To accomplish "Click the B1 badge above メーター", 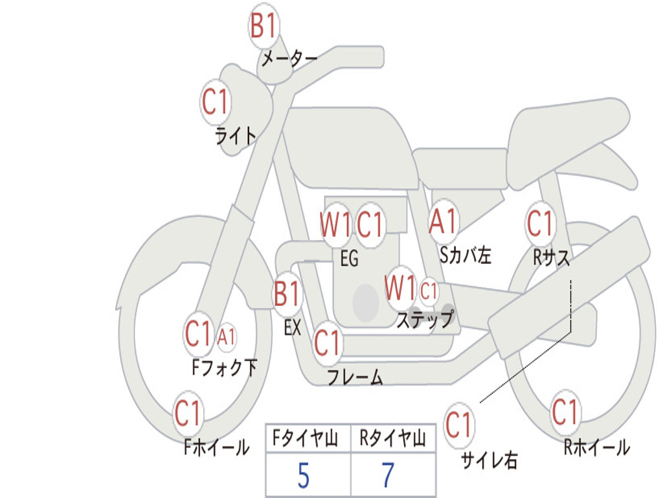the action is pyautogui.click(x=264, y=25).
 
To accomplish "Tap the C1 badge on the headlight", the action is pyautogui.click(x=216, y=102).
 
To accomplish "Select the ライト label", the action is pyautogui.click(x=236, y=136).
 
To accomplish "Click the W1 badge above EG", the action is pyautogui.click(x=336, y=224).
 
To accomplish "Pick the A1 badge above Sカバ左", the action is pyautogui.click(x=443, y=221).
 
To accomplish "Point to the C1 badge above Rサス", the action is pyautogui.click(x=541, y=223).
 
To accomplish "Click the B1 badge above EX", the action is pyautogui.click(x=287, y=294).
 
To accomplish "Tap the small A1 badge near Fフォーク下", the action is pyautogui.click(x=227, y=337).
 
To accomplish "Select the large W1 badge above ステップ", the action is pyautogui.click(x=400, y=288).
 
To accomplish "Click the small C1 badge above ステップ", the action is pyautogui.click(x=429, y=291).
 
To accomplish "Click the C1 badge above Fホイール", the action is pyautogui.click(x=188, y=413).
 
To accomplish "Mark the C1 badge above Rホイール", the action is pyautogui.click(x=565, y=412).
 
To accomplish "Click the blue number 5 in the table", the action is pyautogui.click(x=304, y=475).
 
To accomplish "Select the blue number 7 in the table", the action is pyautogui.click(x=388, y=475).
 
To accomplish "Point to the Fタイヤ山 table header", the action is pyautogui.click(x=306, y=438).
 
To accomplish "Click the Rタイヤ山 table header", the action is pyautogui.click(x=393, y=438).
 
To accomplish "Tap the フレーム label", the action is pyautogui.click(x=355, y=377).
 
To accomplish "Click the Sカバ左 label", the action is pyautogui.click(x=465, y=255).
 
